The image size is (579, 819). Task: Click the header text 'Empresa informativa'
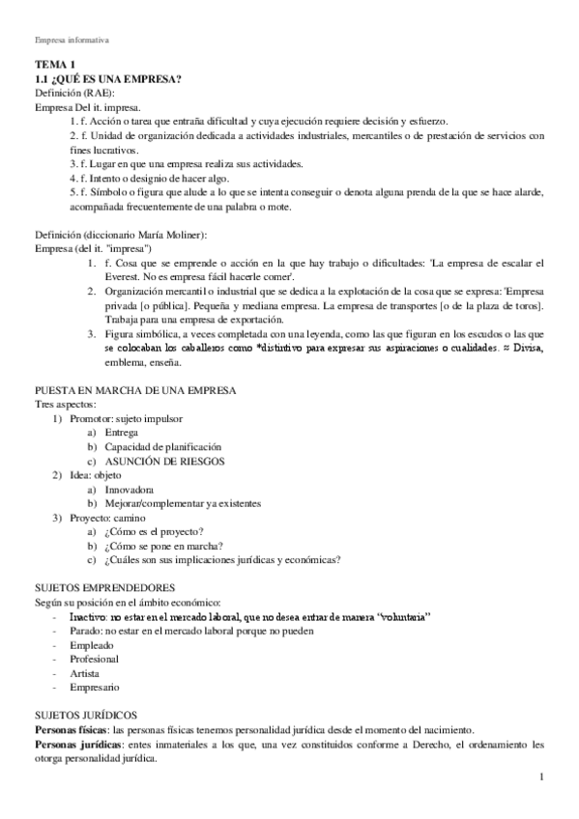click(x=72, y=42)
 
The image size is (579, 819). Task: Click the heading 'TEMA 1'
click(x=53, y=65)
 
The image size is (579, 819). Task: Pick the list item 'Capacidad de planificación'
click(x=162, y=447)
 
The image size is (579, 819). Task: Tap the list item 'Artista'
click(x=85, y=672)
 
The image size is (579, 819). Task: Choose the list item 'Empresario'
click(x=94, y=687)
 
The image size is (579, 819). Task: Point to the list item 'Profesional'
click(x=95, y=658)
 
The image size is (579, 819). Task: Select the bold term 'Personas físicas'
click(x=71, y=730)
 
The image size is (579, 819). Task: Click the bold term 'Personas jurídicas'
click(x=75, y=746)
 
